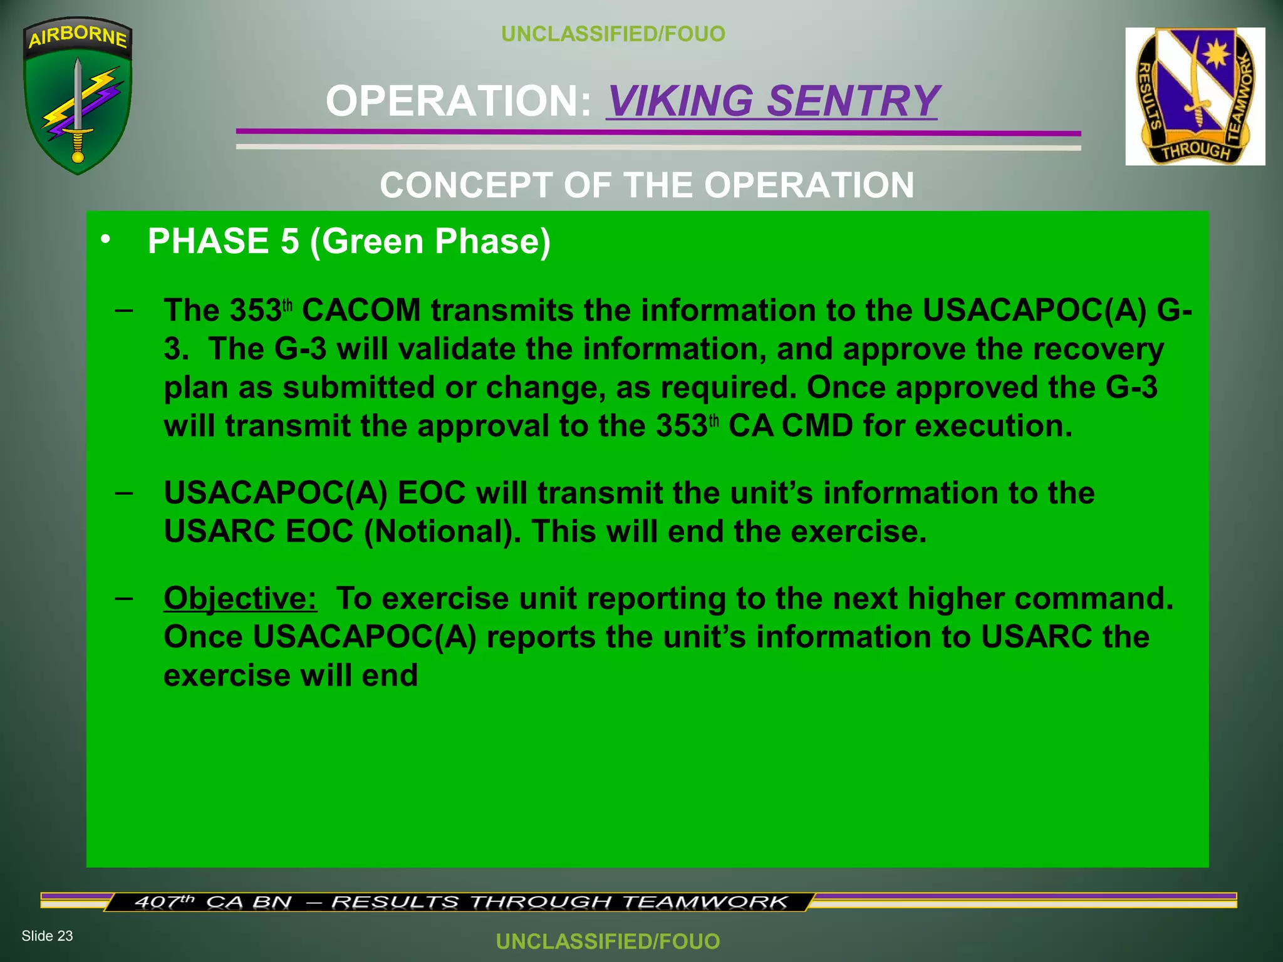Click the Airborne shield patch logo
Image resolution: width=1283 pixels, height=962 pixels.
click(78, 96)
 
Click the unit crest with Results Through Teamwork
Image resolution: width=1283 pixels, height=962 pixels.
click(1195, 96)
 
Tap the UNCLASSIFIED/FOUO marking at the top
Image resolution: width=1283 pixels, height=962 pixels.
click(613, 34)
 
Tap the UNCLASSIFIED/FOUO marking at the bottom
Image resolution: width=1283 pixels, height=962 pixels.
click(608, 941)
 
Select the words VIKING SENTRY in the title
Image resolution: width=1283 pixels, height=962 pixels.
click(772, 101)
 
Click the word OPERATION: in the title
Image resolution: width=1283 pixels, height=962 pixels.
click(459, 101)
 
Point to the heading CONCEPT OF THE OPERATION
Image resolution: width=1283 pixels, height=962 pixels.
click(647, 185)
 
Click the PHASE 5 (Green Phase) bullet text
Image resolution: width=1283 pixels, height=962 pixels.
click(349, 241)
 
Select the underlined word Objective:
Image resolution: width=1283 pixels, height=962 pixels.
click(241, 598)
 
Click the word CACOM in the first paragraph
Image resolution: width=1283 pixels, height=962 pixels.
click(361, 310)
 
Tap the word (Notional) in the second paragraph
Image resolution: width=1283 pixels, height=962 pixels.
click(442, 532)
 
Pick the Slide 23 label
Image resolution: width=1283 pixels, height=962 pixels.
click(47, 936)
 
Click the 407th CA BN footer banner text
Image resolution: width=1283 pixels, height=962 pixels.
click(460, 902)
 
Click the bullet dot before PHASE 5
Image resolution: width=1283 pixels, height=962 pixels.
click(105, 239)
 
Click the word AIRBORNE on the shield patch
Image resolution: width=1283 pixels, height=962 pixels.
click(78, 36)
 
